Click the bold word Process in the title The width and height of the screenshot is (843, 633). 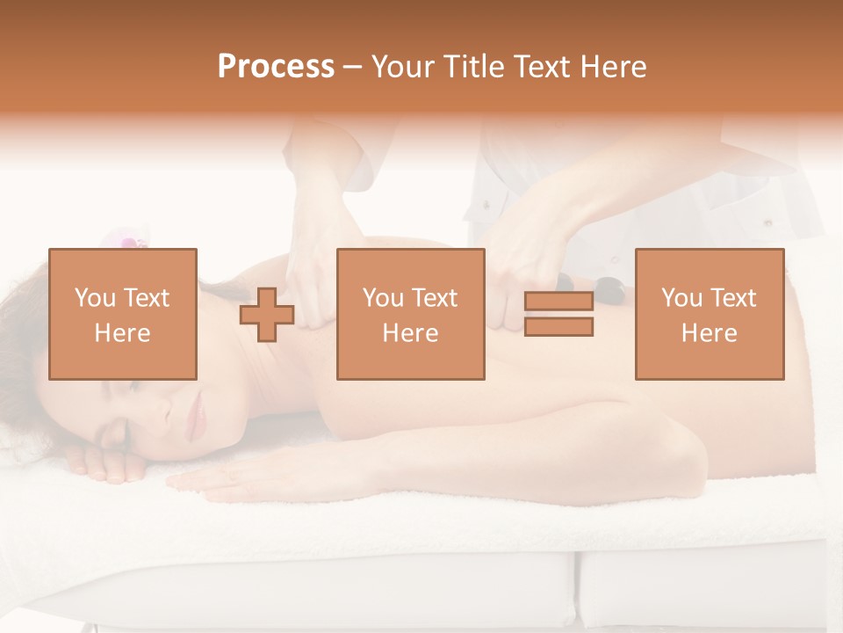(x=276, y=67)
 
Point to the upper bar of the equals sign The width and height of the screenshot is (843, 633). (x=558, y=302)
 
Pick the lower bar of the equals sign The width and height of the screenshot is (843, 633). (x=558, y=327)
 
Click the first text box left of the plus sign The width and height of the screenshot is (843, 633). (x=123, y=314)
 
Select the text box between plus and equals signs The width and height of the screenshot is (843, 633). (x=410, y=314)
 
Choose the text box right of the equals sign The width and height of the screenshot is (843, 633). (x=709, y=314)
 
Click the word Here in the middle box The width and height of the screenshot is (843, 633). (x=410, y=333)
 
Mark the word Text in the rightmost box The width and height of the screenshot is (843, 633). (x=735, y=298)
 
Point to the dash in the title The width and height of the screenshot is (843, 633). (x=352, y=67)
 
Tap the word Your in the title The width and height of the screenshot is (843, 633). (x=403, y=67)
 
